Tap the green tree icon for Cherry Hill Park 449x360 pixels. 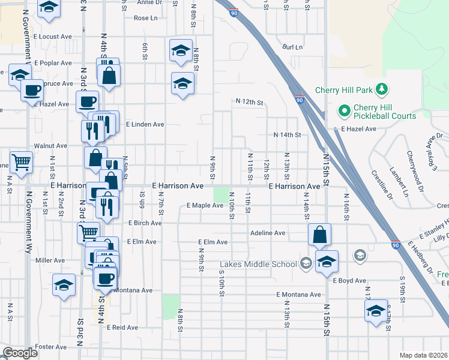pos(381,90)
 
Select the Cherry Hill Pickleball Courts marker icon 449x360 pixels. pos(344,110)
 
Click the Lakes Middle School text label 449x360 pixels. pos(258,264)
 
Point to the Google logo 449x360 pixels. pos(20,353)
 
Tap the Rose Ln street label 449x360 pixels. pos(146,18)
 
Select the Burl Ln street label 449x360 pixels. pos(293,47)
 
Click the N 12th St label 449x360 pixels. pos(250,103)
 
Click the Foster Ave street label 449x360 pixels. pos(51,347)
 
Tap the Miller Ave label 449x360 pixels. pos(50,260)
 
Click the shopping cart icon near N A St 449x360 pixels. pos(21,161)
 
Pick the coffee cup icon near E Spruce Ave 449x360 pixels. pos(32,90)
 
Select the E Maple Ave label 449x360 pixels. pos(205,206)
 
